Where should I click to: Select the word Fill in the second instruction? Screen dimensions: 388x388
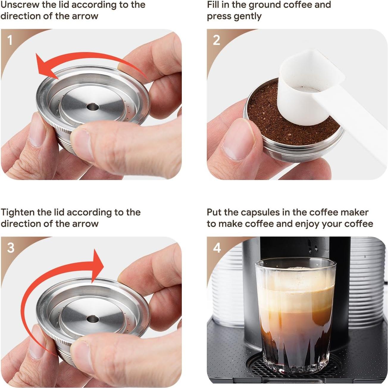point(213,5)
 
